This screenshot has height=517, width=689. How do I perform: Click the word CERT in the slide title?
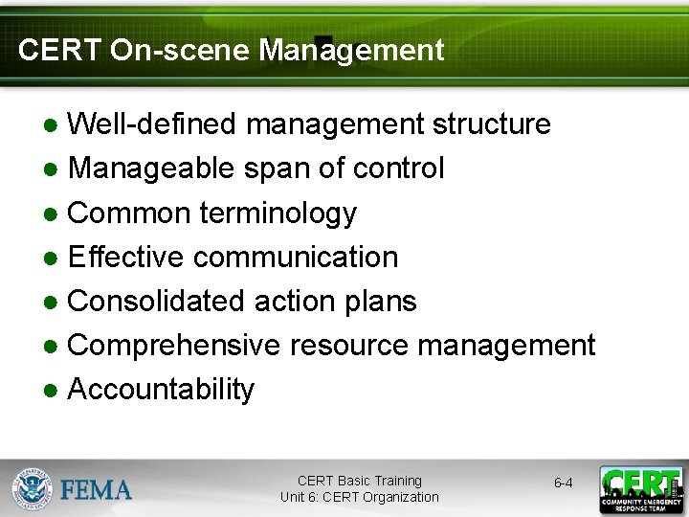[x=59, y=50]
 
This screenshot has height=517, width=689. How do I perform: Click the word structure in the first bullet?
[x=491, y=124]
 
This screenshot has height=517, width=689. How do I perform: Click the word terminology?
[x=278, y=214]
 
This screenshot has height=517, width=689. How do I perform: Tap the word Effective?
[x=125, y=257]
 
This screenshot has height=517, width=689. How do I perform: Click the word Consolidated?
[x=157, y=301]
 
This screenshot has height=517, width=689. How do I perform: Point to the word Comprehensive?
[x=174, y=345]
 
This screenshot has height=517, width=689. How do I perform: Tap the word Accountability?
[x=161, y=390]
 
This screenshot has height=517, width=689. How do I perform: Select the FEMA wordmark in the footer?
[x=97, y=490]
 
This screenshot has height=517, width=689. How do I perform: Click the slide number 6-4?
[x=564, y=483]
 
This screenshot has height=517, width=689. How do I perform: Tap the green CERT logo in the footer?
[x=641, y=489]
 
